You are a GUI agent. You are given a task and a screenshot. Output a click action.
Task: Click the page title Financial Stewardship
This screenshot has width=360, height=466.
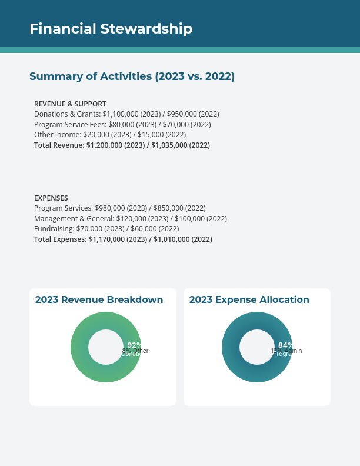tap(111, 29)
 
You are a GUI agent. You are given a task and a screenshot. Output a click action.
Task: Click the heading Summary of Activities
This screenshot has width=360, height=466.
tap(132, 76)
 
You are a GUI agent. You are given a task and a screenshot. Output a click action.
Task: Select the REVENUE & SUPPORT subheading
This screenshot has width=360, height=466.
tap(70, 104)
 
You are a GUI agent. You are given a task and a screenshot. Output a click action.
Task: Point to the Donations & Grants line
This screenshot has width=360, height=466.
tap(126, 114)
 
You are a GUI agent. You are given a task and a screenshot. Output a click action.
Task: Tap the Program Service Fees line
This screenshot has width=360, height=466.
tap(122, 125)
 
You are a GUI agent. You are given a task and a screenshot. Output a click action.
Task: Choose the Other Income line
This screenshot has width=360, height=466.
tap(110, 135)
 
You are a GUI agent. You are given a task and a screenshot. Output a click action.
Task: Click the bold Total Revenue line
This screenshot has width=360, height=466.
tap(122, 145)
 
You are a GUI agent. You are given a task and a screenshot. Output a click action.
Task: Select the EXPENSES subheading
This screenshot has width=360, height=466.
tap(51, 198)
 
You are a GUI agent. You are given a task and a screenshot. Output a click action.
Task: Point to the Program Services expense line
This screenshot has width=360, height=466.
tap(120, 208)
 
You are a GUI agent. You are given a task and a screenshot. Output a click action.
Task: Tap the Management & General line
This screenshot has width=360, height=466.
tap(131, 219)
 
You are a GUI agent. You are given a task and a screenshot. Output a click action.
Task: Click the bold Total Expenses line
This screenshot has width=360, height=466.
tap(123, 239)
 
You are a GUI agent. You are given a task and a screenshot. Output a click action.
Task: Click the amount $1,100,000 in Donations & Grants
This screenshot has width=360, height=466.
tap(123, 114)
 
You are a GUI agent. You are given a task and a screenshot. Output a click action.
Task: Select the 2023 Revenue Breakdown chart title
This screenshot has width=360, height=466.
tap(99, 300)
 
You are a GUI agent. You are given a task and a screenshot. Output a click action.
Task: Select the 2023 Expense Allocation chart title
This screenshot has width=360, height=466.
tap(249, 300)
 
